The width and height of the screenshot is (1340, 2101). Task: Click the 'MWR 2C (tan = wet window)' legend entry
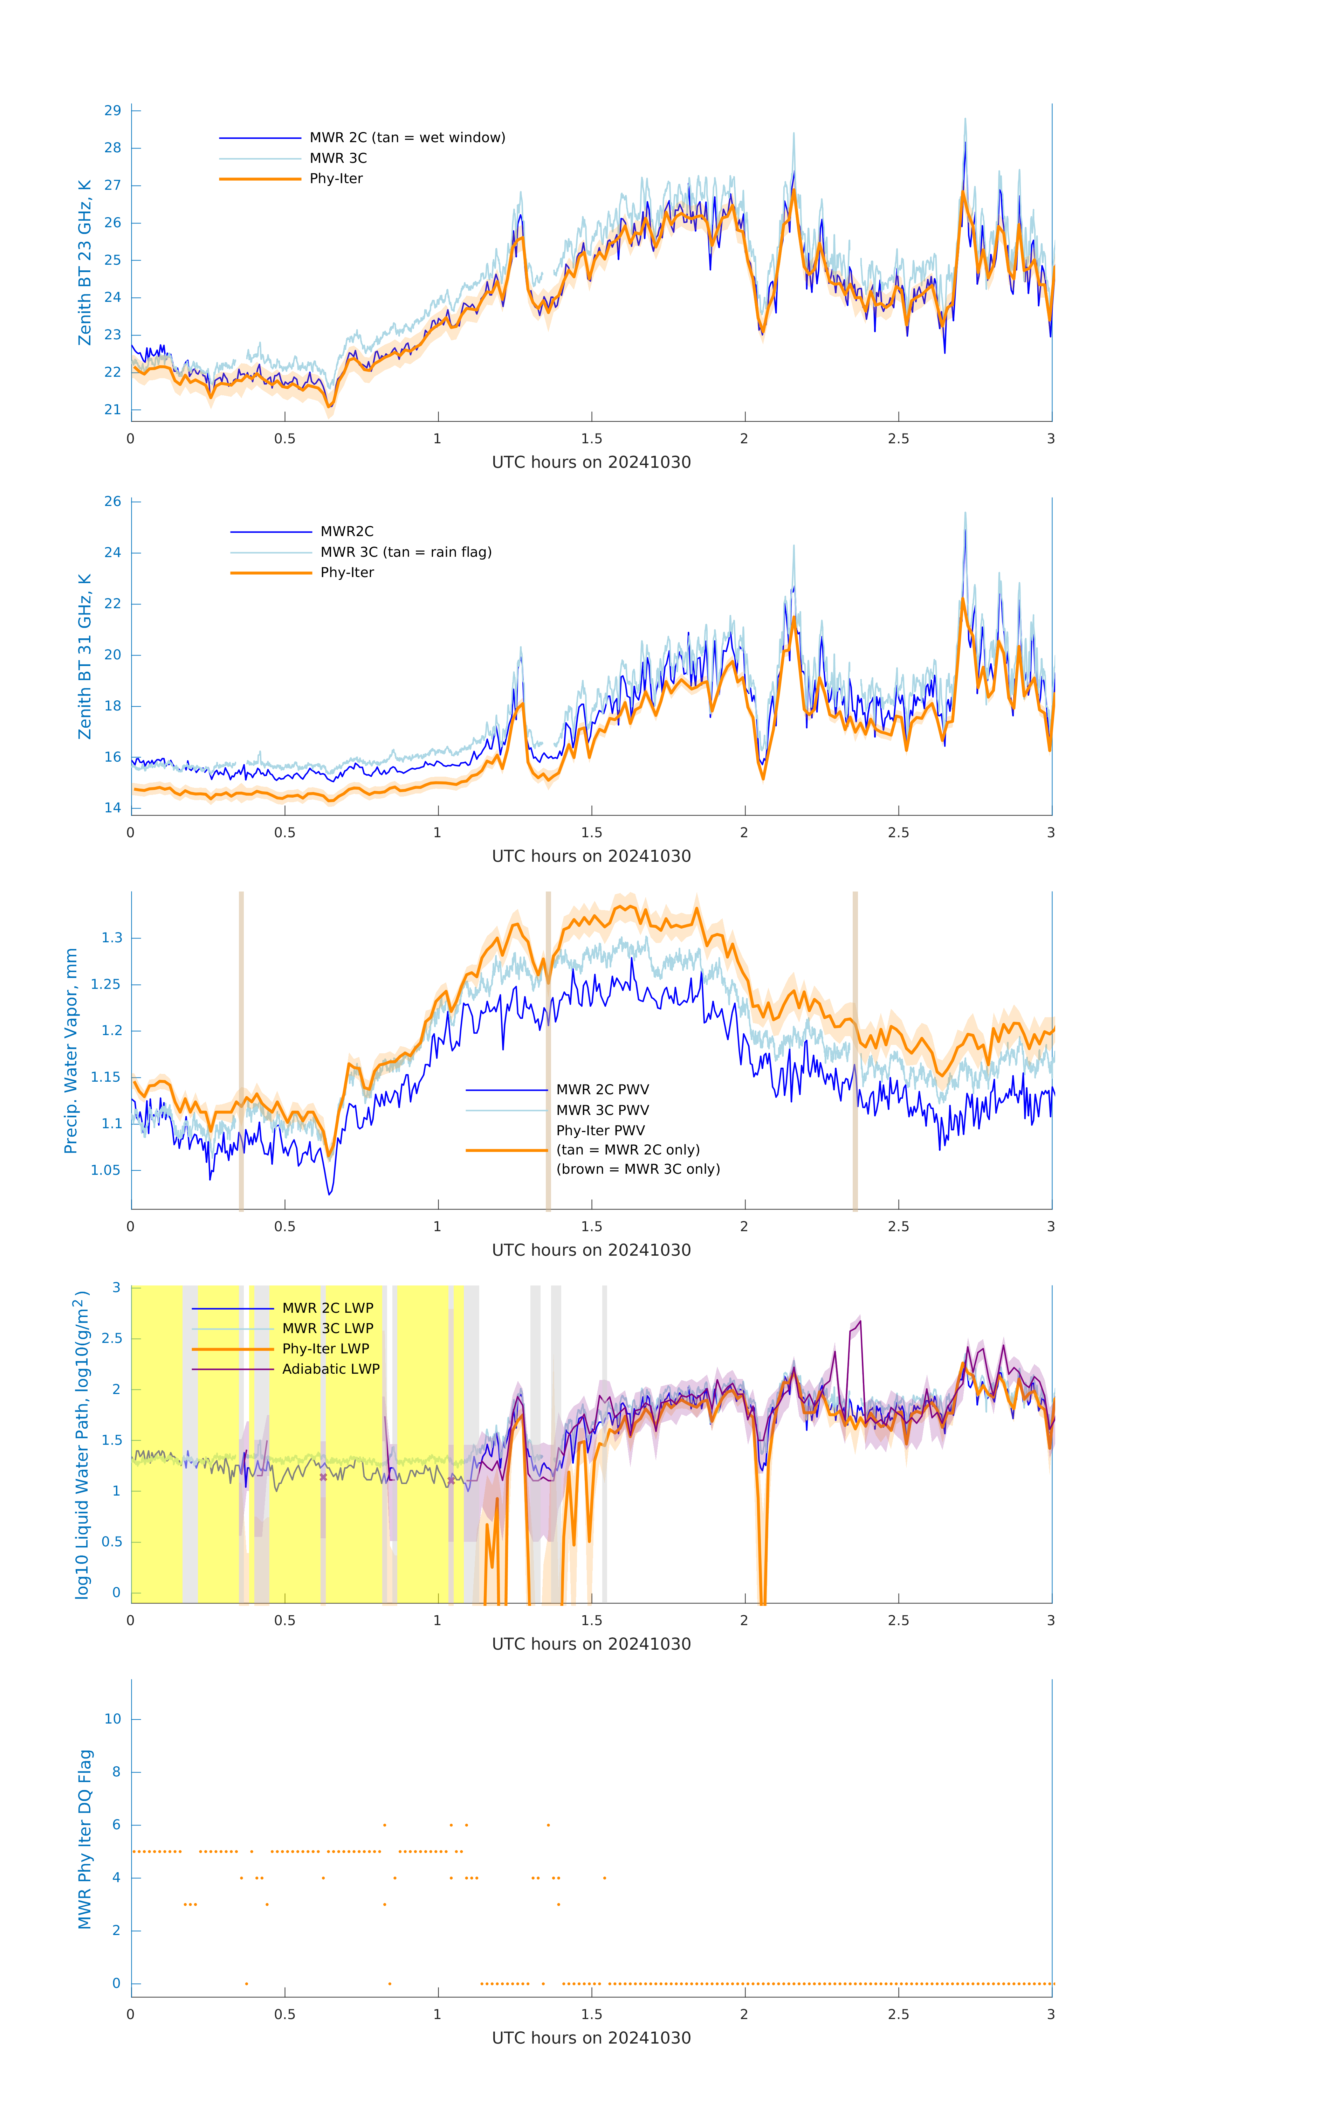point(407,138)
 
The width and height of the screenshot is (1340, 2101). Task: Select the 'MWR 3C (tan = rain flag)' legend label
point(406,552)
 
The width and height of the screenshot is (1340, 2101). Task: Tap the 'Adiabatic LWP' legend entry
point(331,1369)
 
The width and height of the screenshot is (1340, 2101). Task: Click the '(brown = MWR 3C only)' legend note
point(638,1169)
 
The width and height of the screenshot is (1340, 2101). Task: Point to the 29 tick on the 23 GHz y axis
point(112,111)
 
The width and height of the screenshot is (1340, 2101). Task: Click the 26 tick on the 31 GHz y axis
point(112,502)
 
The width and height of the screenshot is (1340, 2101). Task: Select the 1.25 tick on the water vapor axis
point(106,984)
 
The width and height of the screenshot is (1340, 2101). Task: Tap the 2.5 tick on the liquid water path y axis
point(111,1338)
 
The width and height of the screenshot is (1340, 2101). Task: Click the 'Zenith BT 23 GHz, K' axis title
point(85,263)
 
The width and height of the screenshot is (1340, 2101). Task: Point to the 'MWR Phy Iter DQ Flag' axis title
point(85,1839)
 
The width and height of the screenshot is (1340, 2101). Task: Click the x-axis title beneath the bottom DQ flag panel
point(591,2038)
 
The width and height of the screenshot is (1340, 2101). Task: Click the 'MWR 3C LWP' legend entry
point(327,1328)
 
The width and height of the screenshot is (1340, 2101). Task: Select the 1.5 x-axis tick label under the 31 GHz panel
point(591,832)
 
